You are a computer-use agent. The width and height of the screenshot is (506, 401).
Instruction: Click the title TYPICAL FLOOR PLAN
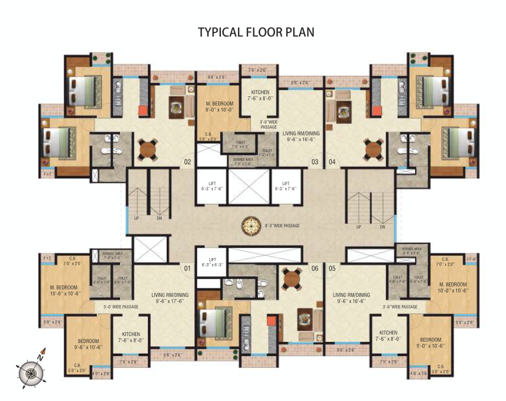click(256, 32)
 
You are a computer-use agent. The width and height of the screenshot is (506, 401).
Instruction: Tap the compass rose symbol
click(31, 374)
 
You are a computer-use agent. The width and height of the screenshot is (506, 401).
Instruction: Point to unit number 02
click(187, 162)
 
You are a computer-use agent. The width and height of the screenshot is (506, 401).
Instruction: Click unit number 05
click(331, 267)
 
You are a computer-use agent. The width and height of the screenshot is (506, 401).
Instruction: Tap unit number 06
click(314, 267)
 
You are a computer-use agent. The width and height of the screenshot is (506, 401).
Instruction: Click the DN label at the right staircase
click(382, 227)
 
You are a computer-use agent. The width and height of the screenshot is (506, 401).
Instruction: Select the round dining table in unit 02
click(147, 149)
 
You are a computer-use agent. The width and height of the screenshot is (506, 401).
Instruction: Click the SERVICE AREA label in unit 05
click(411, 251)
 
